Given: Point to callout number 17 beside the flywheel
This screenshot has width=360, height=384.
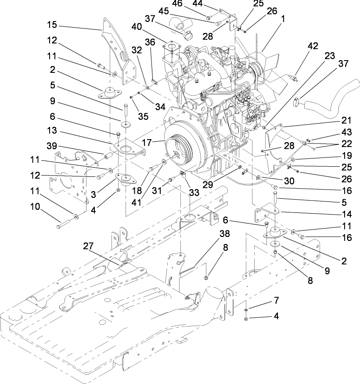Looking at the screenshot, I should (154, 142).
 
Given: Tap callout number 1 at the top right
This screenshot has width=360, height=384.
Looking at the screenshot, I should (283, 19).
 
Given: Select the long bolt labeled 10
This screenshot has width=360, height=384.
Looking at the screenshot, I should (66, 222).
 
